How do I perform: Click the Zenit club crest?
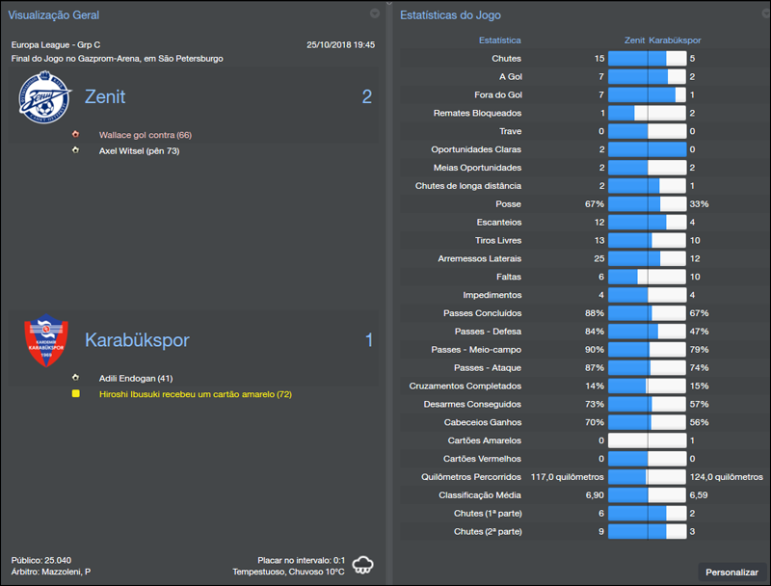[x=45, y=98]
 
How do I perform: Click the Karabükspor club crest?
[x=45, y=342]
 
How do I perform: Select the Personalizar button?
[x=731, y=573]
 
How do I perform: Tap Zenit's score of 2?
[x=366, y=96]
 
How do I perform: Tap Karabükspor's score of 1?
[x=368, y=340]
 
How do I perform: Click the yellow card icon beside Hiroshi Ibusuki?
[x=76, y=394]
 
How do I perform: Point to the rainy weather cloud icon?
[x=363, y=565]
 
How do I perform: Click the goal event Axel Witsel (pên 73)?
[x=139, y=151]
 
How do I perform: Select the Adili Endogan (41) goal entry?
[x=136, y=379]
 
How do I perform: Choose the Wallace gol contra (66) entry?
[x=145, y=135]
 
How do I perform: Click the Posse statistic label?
[x=508, y=204]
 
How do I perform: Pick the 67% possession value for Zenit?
[x=594, y=204]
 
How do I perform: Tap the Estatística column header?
[x=499, y=40]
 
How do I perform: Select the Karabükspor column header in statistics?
[x=675, y=40]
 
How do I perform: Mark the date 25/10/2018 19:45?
[x=340, y=45]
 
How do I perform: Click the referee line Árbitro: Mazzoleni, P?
[x=51, y=572]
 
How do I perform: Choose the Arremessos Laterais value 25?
[x=598, y=258]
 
